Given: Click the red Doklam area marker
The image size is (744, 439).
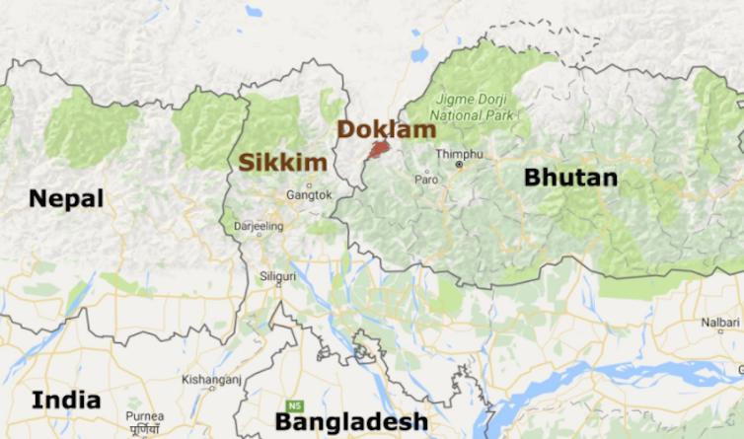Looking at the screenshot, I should pos(376,150).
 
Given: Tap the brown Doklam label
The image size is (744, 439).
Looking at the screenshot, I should pos(386,129).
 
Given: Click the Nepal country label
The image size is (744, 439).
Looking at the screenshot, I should pos(66,198).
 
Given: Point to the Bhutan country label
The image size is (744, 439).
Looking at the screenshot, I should pos(570,178).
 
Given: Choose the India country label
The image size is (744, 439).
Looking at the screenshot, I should pos(66,400).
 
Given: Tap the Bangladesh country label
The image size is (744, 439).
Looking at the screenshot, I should pos(351,421).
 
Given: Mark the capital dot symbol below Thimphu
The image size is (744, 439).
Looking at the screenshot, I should pos(459,165).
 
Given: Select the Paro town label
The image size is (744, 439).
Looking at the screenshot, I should pos(426,180).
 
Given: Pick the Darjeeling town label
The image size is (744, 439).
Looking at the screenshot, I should pos(258,226).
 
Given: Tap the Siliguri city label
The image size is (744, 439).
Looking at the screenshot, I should pos(277,276).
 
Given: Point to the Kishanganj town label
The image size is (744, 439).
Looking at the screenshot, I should pos(209,379).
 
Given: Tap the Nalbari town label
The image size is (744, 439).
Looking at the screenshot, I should pos(720,322).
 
